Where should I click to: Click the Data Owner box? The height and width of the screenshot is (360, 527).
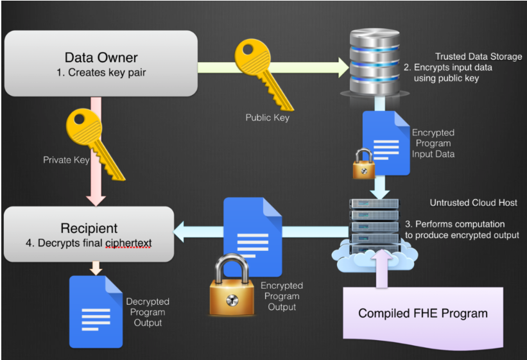101,63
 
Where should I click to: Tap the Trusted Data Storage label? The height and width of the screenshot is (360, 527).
478,56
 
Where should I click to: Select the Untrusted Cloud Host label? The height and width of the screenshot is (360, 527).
474,203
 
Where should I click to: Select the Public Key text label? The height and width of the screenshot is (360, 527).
267,117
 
